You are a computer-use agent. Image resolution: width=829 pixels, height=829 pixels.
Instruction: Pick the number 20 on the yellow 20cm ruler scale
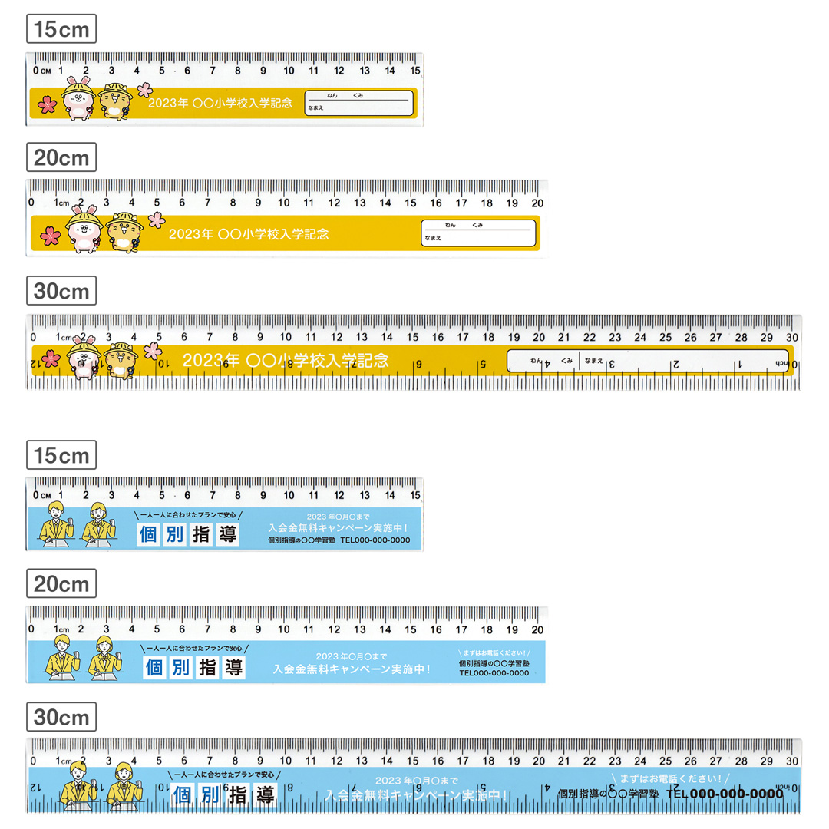pyautogui.click(x=537, y=203)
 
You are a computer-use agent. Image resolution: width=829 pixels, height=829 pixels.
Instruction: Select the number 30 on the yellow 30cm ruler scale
pyautogui.click(x=791, y=336)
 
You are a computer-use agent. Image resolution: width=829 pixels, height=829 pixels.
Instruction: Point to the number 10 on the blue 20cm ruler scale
pyautogui.click(x=283, y=629)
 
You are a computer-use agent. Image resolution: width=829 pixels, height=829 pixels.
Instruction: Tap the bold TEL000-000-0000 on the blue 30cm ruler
pyautogui.click(x=725, y=794)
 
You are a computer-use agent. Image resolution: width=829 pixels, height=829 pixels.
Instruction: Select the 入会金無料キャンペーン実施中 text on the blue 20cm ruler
pyautogui.click(x=352, y=669)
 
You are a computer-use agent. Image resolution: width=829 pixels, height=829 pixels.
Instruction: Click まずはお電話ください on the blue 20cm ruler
pyautogui.click(x=494, y=653)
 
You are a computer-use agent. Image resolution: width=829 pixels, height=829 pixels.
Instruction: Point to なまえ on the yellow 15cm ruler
pyautogui.click(x=316, y=109)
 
